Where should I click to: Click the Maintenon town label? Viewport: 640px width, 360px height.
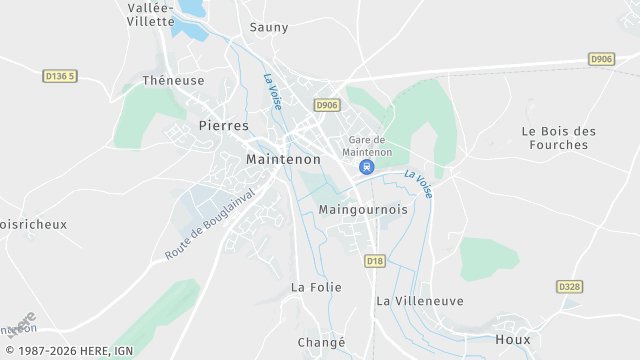(283, 159)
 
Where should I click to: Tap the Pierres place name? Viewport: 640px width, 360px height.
(224, 126)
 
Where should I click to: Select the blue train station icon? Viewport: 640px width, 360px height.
(367, 167)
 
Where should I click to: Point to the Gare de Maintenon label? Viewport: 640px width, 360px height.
(368, 145)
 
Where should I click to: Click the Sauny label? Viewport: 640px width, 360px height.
(269, 27)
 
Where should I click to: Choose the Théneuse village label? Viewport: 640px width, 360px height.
(173, 80)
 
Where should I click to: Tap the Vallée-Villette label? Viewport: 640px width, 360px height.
(152, 14)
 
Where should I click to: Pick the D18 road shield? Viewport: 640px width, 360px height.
(375, 261)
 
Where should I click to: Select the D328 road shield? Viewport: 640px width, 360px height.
(569, 287)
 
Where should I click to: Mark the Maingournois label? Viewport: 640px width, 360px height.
(362, 210)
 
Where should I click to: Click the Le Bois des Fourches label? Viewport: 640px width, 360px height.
(559, 137)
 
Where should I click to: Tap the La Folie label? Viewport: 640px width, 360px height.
(316, 287)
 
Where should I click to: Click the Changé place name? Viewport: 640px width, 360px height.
(321, 342)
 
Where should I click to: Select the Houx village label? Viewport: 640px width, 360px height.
(513, 339)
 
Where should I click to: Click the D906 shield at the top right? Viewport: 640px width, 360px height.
(601, 59)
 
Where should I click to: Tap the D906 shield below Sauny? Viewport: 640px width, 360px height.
(326, 105)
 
